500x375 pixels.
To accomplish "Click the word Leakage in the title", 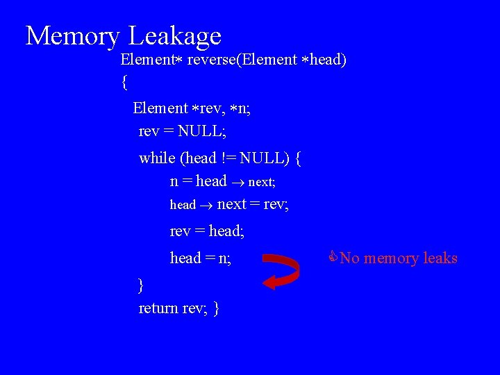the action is point(176,35).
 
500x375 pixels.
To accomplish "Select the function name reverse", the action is point(211,60).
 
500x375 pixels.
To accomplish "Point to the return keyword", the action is point(158,308).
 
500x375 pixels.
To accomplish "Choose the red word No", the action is point(349,258).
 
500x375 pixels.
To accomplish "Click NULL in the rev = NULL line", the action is point(202,131).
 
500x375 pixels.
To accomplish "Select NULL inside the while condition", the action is point(264,158).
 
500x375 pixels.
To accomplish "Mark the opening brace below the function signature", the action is point(124,83).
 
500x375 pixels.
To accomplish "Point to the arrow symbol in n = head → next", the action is point(237,182).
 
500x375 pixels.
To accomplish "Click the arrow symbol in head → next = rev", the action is point(206,205).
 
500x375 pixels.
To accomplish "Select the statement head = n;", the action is point(201,258).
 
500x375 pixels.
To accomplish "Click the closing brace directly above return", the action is point(141,284).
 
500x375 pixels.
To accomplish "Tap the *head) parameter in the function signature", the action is point(326,60).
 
